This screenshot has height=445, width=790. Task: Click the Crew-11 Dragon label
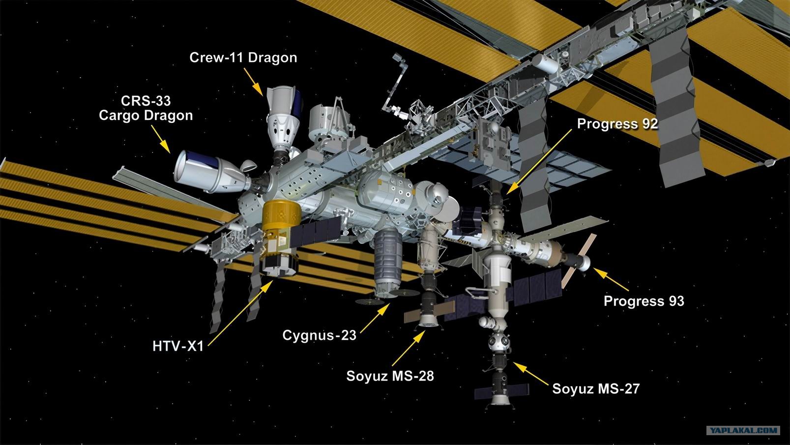[x=243, y=58]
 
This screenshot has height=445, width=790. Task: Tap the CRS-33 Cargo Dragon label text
[x=146, y=108]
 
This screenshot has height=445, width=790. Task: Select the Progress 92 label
[x=617, y=124]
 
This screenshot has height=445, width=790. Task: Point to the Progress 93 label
[x=644, y=301]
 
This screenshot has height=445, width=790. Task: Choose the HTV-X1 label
[x=178, y=346]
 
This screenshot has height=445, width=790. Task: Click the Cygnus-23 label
[x=319, y=335]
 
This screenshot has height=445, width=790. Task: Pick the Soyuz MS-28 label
[x=390, y=376]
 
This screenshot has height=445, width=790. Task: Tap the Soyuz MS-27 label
[x=596, y=389]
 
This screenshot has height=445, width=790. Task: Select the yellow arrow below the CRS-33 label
[x=161, y=139]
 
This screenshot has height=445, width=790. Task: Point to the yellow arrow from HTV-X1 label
[x=240, y=313]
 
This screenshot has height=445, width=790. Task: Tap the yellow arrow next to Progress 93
[x=611, y=279]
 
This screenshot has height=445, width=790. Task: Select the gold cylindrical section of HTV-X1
[x=281, y=216]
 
